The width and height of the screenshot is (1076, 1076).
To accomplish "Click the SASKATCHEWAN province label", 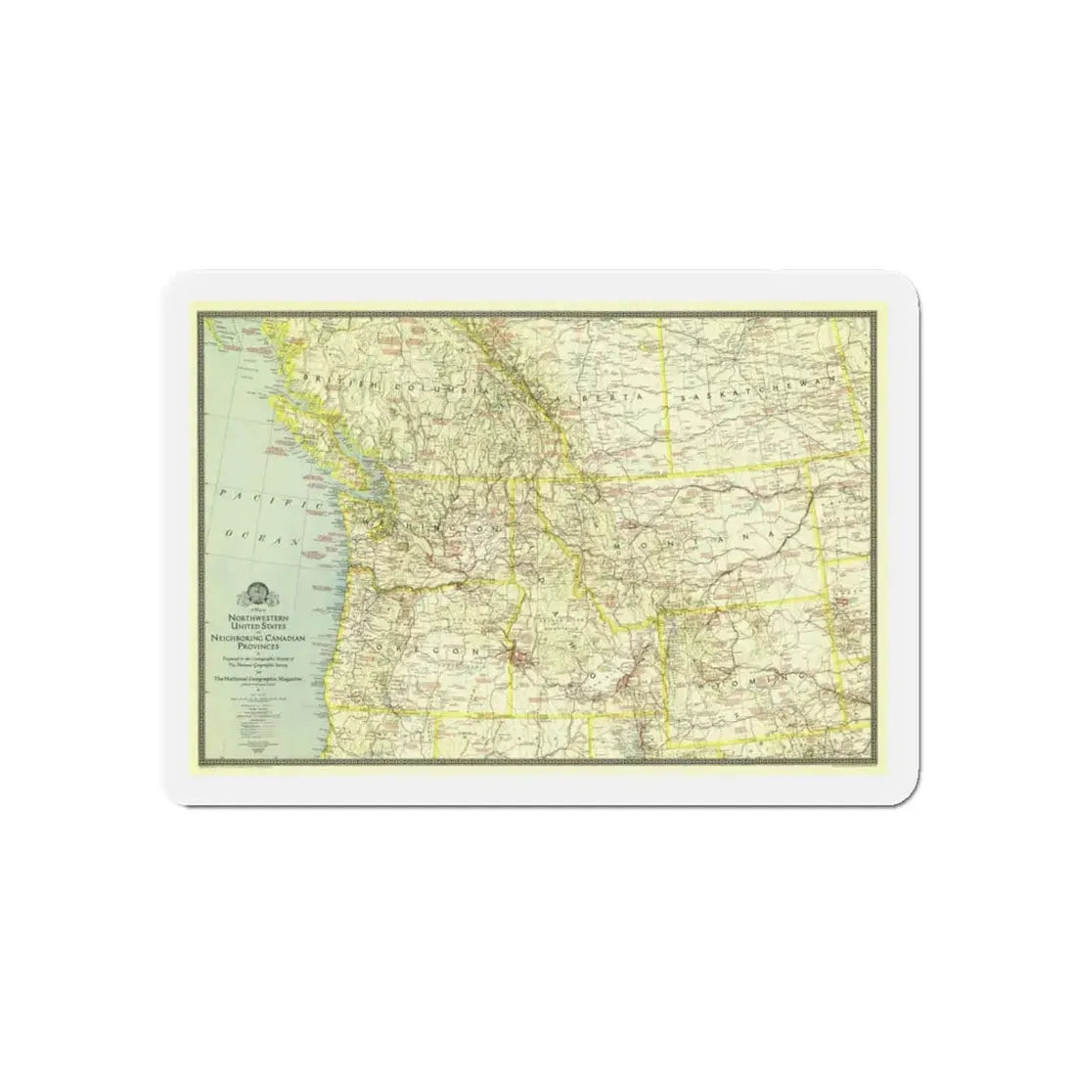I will (x=754, y=391).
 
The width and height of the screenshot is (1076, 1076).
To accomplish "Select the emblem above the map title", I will (x=261, y=593).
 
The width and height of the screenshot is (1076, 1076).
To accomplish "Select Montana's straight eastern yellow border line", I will (x=820, y=548).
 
